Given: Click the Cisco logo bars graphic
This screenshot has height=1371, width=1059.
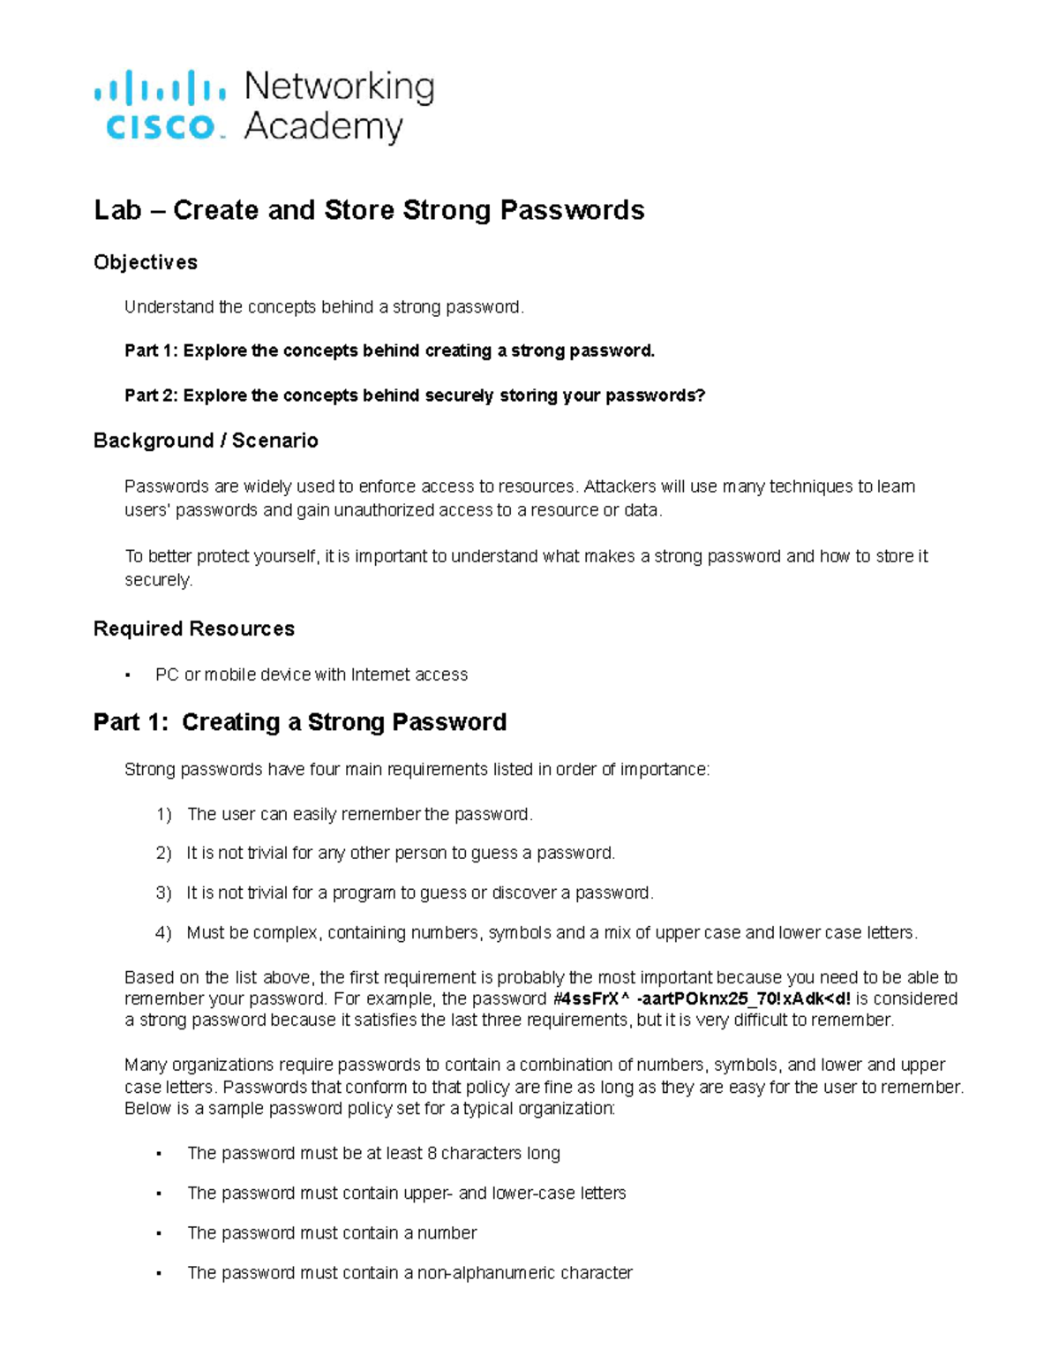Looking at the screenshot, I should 159,89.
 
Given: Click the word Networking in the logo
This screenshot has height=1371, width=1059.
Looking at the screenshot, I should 339,87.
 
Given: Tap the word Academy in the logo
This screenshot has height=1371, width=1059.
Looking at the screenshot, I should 323,127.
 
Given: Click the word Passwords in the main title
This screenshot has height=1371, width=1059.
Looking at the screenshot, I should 572,210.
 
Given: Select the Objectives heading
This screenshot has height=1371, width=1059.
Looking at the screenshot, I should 146,262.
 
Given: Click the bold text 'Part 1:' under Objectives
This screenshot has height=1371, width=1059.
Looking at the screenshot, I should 151,350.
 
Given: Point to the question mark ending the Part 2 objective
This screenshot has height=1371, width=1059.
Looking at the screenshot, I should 702,395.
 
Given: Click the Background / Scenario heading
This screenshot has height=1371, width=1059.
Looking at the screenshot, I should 206,441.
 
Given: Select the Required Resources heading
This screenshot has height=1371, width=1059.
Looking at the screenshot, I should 194,629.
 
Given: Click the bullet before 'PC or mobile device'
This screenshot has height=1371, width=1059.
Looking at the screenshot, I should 128,675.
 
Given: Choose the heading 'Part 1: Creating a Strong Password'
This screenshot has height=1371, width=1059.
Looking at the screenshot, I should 300,722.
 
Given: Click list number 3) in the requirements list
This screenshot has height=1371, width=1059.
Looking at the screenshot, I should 163,893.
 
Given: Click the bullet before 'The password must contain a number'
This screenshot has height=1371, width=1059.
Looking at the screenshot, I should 159,1233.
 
